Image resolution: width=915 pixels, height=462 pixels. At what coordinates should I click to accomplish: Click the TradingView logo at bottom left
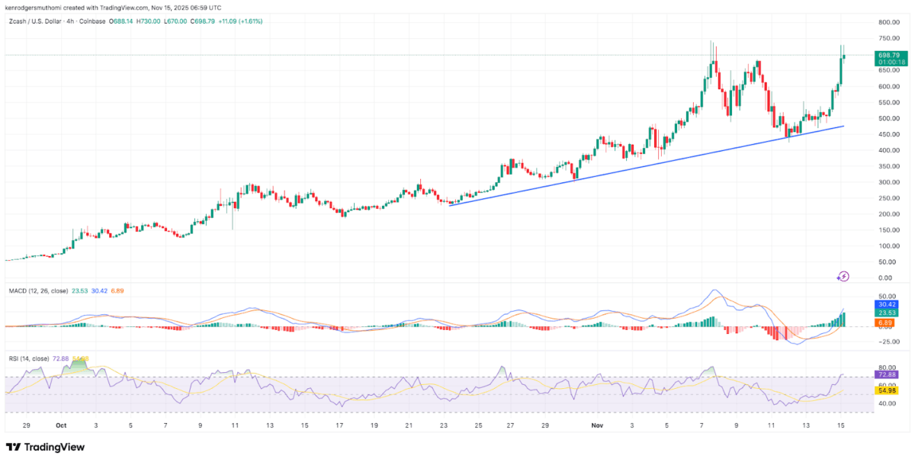tap(45, 448)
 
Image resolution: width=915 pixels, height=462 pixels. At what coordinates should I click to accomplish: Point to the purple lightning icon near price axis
tap(843, 276)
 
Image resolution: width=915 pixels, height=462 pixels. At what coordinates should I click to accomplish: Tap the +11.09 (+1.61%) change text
tap(239, 21)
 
